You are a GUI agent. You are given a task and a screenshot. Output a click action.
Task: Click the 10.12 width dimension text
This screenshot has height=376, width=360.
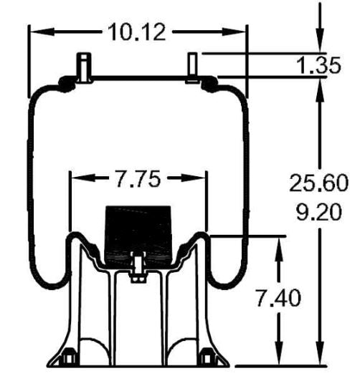pyautogui.click(x=136, y=32)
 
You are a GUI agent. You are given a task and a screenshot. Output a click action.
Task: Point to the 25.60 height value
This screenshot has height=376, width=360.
pyautogui.click(x=319, y=184)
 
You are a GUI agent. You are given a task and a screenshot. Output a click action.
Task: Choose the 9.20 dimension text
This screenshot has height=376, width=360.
pyautogui.click(x=319, y=212)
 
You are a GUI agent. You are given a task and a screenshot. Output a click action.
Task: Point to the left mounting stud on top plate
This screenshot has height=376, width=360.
pyautogui.click(x=83, y=66)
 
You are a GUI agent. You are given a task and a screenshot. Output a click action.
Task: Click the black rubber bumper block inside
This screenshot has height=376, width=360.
pyautogui.click(x=139, y=230)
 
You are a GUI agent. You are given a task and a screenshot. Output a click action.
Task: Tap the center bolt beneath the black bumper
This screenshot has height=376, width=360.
pyautogui.click(x=137, y=269)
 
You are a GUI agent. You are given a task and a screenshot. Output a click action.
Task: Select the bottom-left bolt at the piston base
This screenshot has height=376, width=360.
pyautogui.click(x=68, y=356)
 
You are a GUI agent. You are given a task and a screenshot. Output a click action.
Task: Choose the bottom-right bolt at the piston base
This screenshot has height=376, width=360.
pyautogui.click(x=209, y=356)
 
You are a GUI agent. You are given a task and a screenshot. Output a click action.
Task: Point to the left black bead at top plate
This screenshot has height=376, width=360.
pyautogui.click(x=66, y=85)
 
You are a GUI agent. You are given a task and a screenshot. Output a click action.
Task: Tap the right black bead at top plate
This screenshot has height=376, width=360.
pyautogui.click(x=211, y=85)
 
